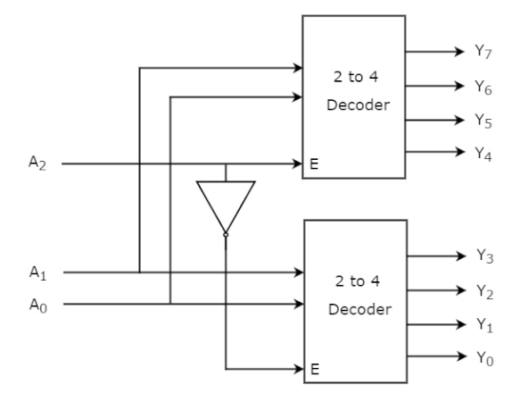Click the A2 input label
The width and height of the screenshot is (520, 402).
pyautogui.click(x=37, y=163)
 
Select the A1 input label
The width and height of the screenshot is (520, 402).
pyautogui.click(x=37, y=272)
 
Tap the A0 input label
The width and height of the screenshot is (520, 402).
pyautogui.click(x=38, y=305)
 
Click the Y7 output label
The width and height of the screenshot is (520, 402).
pyautogui.click(x=483, y=52)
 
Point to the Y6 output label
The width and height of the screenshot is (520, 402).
pyautogui.click(x=483, y=88)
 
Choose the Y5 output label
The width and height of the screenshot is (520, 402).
pyautogui.click(x=483, y=121)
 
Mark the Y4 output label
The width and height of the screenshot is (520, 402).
pyautogui.click(x=483, y=154)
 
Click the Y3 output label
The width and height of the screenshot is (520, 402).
pyautogui.click(x=485, y=256)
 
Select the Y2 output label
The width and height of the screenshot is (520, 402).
pyautogui.click(x=485, y=292)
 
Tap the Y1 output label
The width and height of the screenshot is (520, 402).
pyautogui.click(x=485, y=325)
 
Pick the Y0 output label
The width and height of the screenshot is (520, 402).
pyautogui.click(x=485, y=358)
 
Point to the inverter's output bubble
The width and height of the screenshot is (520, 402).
pyautogui.click(x=226, y=235)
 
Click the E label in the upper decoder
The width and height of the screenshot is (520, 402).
pyautogui.click(x=314, y=163)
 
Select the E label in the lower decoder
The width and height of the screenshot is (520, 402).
pyautogui.click(x=315, y=369)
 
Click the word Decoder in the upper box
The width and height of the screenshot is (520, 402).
pyautogui.click(x=359, y=105)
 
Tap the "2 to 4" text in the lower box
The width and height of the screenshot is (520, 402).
pyautogui.click(x=358, y=281)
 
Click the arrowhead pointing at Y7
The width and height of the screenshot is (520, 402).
pyautogui.click(x=459, y=52)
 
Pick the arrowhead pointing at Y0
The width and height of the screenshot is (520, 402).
pyautogui.click(x=462, y=356)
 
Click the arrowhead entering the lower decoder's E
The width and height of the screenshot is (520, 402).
pyautogui.click(x=299, y=369)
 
